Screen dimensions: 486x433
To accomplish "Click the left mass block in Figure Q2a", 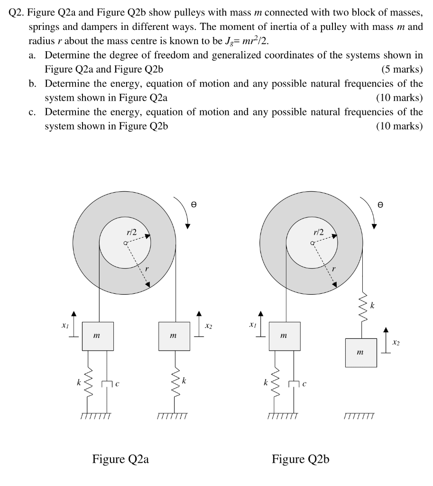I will point(97,336).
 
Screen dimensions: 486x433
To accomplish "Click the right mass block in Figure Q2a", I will point(174,336).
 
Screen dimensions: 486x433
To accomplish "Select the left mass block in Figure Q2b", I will point(284,336).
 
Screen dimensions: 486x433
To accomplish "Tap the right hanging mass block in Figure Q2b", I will point(361,353).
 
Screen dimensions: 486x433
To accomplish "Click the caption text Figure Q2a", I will point(120,459).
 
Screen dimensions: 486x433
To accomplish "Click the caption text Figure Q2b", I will point(300,459).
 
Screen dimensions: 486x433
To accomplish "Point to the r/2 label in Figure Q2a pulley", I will point(131,232).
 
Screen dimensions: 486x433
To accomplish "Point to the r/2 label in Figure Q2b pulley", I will point(318,232).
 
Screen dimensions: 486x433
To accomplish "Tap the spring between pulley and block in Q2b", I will point(364,308).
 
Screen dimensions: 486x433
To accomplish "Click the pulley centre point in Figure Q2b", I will point(312,243).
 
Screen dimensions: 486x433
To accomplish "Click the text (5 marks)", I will point(402,69).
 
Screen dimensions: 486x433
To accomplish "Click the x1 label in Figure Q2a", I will point(65,327).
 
